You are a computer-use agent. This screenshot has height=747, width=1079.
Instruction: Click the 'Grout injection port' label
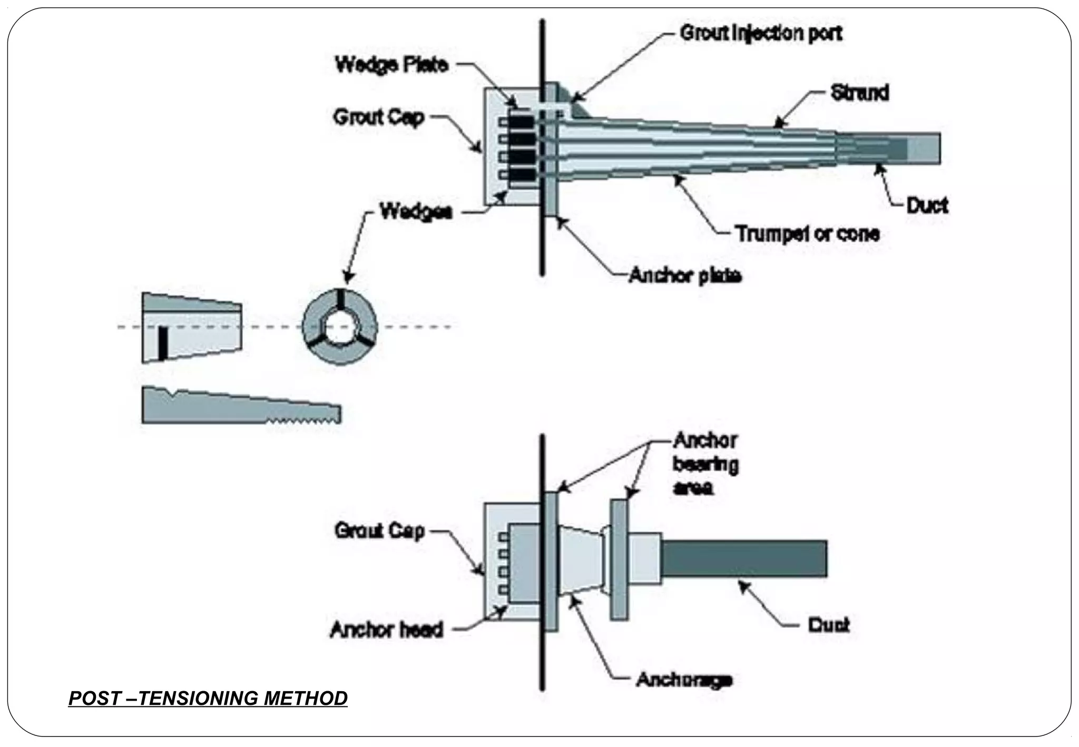pyautogui.click(x=761, y=34)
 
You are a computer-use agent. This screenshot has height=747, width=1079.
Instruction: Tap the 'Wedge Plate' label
pyautogui.click(x=391, y=65)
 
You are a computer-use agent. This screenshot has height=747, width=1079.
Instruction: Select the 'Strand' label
pyautogui.click(x=859, y=93)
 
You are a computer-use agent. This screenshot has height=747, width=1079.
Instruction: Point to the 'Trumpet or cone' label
pyautogui.click(x=807, y=233)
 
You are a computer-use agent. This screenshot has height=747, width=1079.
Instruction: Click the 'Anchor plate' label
pyautogui.click(x=685, y=276)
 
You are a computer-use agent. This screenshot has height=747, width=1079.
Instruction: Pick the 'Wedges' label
pyautogui.click(x=416, y=213)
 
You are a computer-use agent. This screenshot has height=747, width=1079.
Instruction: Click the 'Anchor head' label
pyautogui.click(x=386, y=630)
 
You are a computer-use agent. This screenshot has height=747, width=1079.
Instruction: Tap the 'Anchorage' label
pyautogui.click(x=684, y=680)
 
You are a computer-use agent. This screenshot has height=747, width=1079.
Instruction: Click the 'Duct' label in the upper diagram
pyautogui.click(x=927, y=205)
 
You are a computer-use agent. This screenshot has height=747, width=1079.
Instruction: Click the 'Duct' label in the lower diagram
pyautogui.click(x=829, y=625)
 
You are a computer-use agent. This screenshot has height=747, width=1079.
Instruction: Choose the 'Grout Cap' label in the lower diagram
pyautogui.click(x=379, y=530)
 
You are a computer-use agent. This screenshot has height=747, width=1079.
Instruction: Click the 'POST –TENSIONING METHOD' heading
pyautogui.click(x=208, y=698)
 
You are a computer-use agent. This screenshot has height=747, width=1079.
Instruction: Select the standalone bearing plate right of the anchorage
pyautogui.click(x=619, y=559)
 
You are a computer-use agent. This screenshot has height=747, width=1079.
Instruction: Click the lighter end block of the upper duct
pyautogui.click(x=924, y=148)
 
